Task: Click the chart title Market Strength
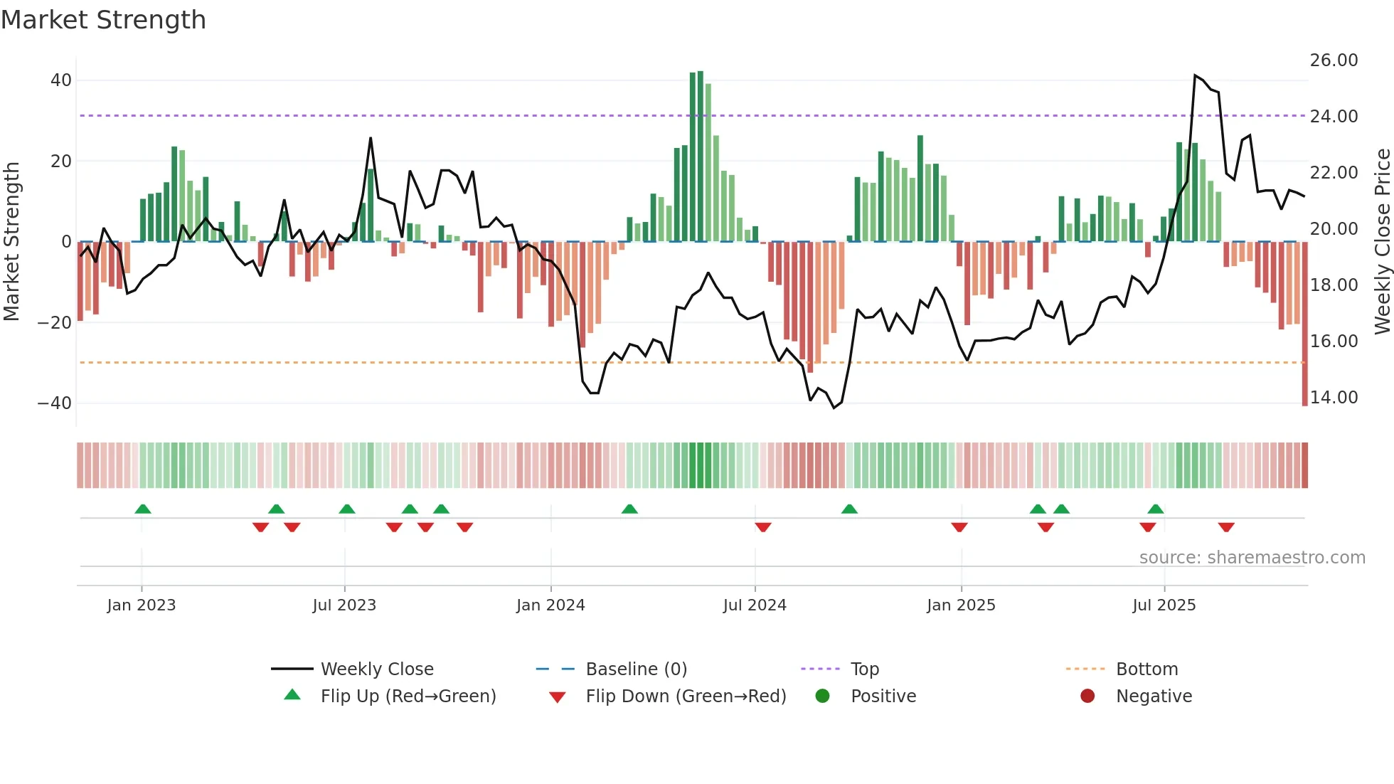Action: point(103,20)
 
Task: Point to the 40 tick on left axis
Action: point(61,80)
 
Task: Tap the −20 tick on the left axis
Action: point(55,323)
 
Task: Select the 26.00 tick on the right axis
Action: point(1334,60)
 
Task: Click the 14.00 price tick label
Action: point(1334,398)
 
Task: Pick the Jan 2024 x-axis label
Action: point(550,605)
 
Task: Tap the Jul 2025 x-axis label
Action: point(1164,605)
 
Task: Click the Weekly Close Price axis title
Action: point(1382,242)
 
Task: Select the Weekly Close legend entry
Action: point(377,669)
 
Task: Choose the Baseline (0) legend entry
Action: point(636,669)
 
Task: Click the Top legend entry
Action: point(865,669)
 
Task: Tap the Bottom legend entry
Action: point(1146,669)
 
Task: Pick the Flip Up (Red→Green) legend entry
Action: point(408,696)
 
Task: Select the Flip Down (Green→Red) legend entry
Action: point(686,696)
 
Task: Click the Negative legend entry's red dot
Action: point(1087,696)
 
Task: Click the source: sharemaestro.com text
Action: point(1252,558)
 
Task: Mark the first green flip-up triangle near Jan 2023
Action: point(143,509)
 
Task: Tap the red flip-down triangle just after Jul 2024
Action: point(763,527)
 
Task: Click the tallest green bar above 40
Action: point(701,157)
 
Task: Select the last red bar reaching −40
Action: point(1304,324)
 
